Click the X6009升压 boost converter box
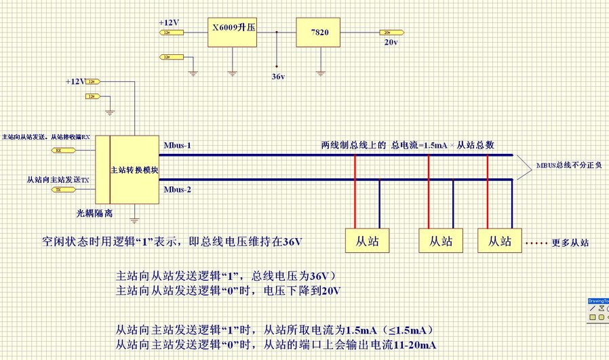click(x=233, y=32)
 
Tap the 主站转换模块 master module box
click(x=134, y=169)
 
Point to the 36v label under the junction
click(x=277, y=76)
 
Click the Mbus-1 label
click(x=178, y=145)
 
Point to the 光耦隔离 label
click(x=94, y=213)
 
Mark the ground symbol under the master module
click(x=134, y=218)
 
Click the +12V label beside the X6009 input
click(x=168, y=22)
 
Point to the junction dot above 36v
click(x=277, y=32)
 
